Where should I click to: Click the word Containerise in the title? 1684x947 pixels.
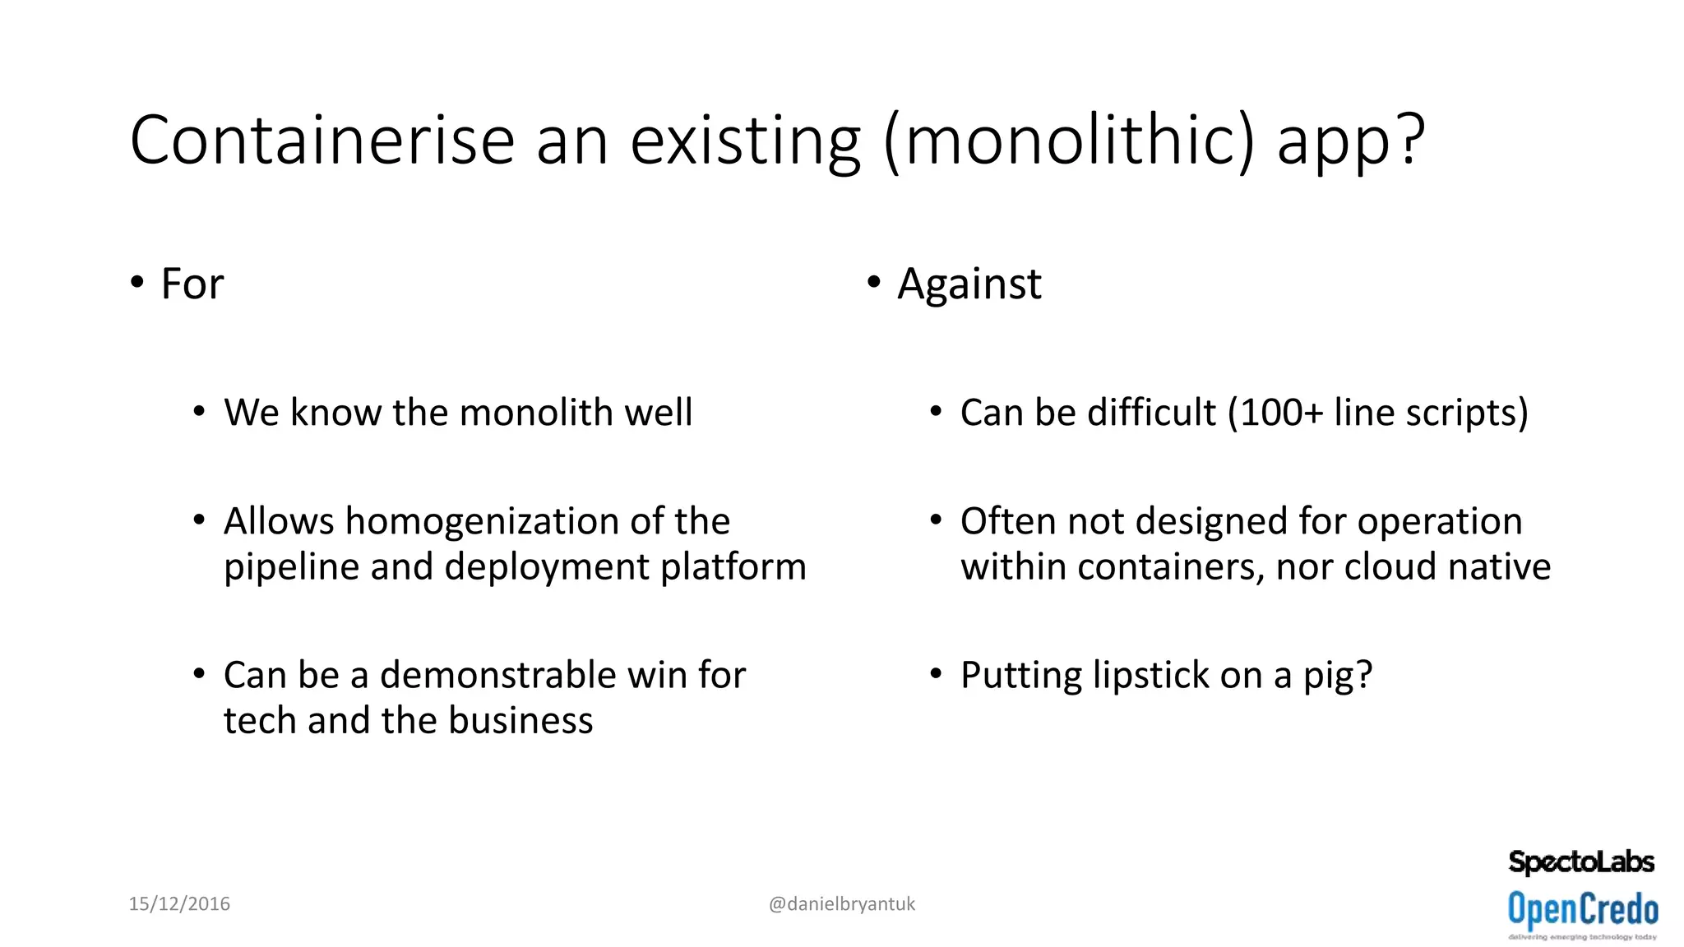tap(322, 141)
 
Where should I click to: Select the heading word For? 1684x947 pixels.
tap(192, 284)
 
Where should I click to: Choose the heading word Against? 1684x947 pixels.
tap(969, 284)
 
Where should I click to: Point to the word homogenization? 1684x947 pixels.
tap(477, 521)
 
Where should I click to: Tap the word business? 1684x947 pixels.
tap(520, 721)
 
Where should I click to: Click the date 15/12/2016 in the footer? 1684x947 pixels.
tap(179, 904)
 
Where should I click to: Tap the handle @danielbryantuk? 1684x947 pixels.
tap(841, 904)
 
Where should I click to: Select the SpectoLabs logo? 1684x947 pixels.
tap(1581, 862)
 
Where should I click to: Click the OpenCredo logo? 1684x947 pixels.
tap(1583, 911)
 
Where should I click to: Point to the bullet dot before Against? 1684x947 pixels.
tap(873, 283)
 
